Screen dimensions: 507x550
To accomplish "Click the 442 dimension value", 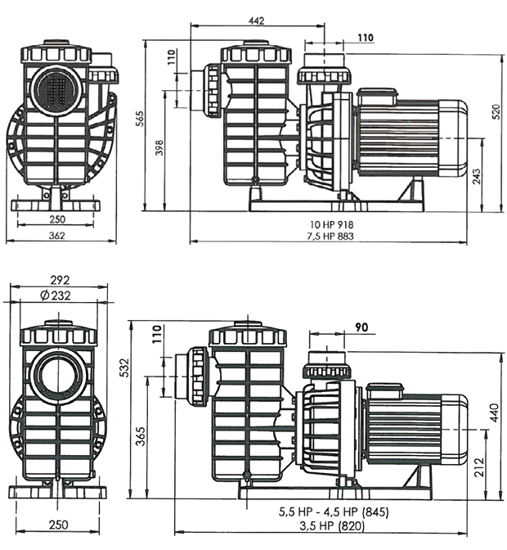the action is click(x=256, y=20).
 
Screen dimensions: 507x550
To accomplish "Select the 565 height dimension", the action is click(x=139, y=119).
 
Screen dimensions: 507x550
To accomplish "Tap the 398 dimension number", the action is click(x=159, y=147).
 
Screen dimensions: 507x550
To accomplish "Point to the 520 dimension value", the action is click(x=496, y=112).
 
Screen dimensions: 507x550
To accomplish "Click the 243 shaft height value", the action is click(x=477, y=177).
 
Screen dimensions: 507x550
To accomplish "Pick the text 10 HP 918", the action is click(x=331, y=224).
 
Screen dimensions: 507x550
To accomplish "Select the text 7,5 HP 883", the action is click(x=330, y=236).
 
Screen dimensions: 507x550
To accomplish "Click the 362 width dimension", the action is click(x=56, y=236).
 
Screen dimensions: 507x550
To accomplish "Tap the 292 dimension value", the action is click(x=60, y=280).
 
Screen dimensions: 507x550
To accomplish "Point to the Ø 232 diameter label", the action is click(x=56, y=295).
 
